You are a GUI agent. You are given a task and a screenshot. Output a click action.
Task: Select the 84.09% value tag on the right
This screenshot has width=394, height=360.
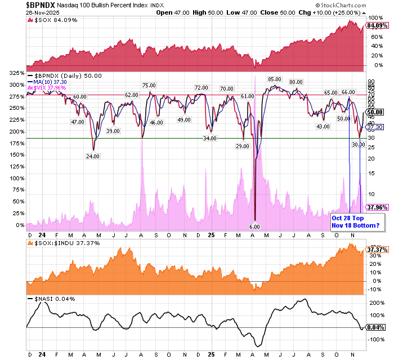coord(377,25)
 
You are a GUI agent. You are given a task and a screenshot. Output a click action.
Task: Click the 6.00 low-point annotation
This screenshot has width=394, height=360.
coord(254,226)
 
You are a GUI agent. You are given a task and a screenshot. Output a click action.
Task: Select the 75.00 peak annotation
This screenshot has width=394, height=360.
coord(149,86)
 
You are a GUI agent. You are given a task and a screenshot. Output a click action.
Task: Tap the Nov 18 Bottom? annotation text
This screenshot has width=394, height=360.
coord(355,225)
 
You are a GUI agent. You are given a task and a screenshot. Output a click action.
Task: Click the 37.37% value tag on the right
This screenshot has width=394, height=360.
coord(375,250)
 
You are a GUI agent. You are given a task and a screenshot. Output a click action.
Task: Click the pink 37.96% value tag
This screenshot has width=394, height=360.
coord(377,207)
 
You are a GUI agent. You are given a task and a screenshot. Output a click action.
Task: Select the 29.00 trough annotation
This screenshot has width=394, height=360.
coord(243,146)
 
